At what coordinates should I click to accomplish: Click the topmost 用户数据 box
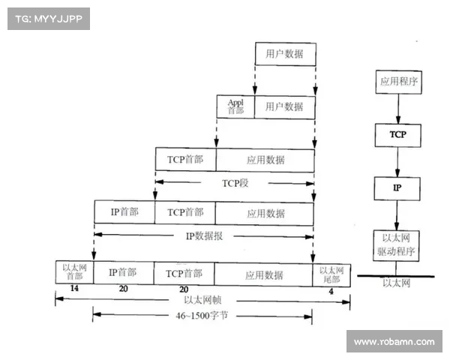pos(284,54)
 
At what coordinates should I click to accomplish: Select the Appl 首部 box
pos(236,106)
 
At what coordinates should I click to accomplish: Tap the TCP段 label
pos(234,182)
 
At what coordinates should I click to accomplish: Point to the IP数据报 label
pos(205,235)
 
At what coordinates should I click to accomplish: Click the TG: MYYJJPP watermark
pos(48,18)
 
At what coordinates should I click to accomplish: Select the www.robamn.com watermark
pos(394,342)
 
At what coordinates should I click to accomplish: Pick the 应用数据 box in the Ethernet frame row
pos(264,274)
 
